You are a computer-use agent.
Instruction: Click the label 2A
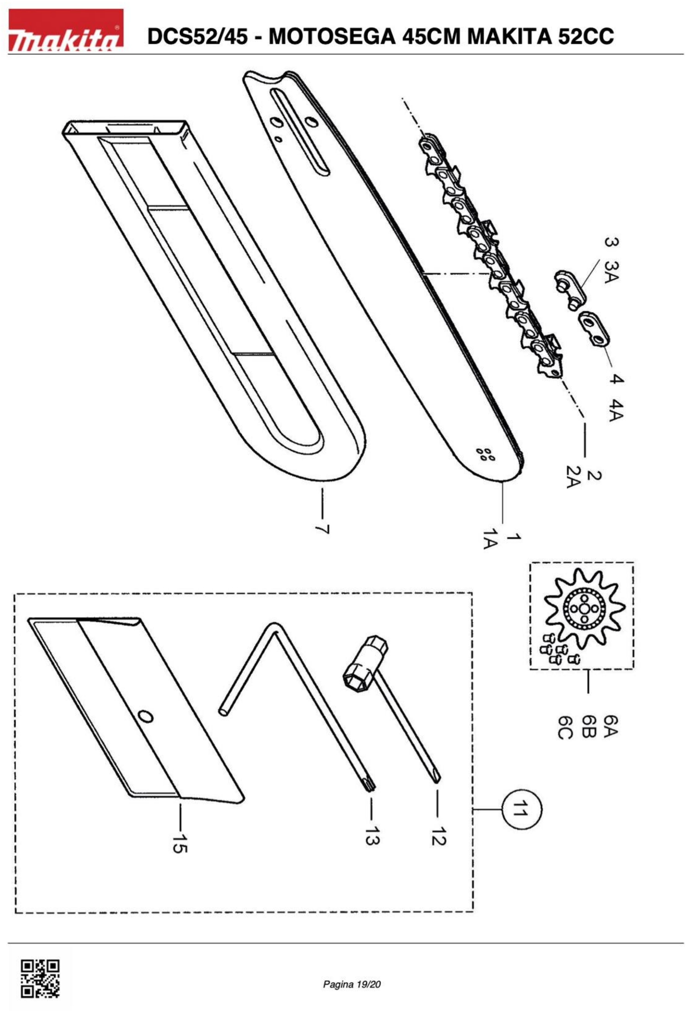click(573, 477)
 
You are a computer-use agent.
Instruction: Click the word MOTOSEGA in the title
click(332, 36)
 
